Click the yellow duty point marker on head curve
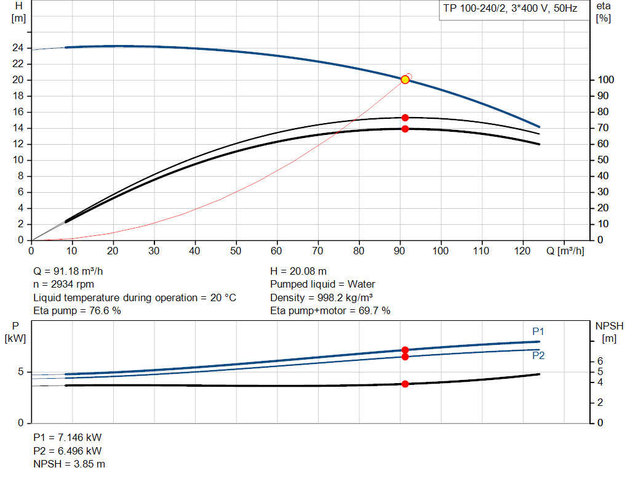click(405, 79)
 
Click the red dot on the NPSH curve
click(405, 384)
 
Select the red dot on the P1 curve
click(405, 350)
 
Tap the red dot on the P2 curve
click(405, 357)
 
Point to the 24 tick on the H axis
click(18, 47)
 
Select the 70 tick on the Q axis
click(317, 251)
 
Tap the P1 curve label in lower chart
click(538, 331)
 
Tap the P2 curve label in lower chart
click(538, 355)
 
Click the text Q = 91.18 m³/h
click(73, 271)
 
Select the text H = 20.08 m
click(298, 271)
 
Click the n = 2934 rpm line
click(64, 284)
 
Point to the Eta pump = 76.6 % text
click(77, 310)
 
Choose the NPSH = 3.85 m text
click(69, 464)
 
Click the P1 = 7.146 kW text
click(67, 437)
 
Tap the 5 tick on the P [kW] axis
click(20, 372)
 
